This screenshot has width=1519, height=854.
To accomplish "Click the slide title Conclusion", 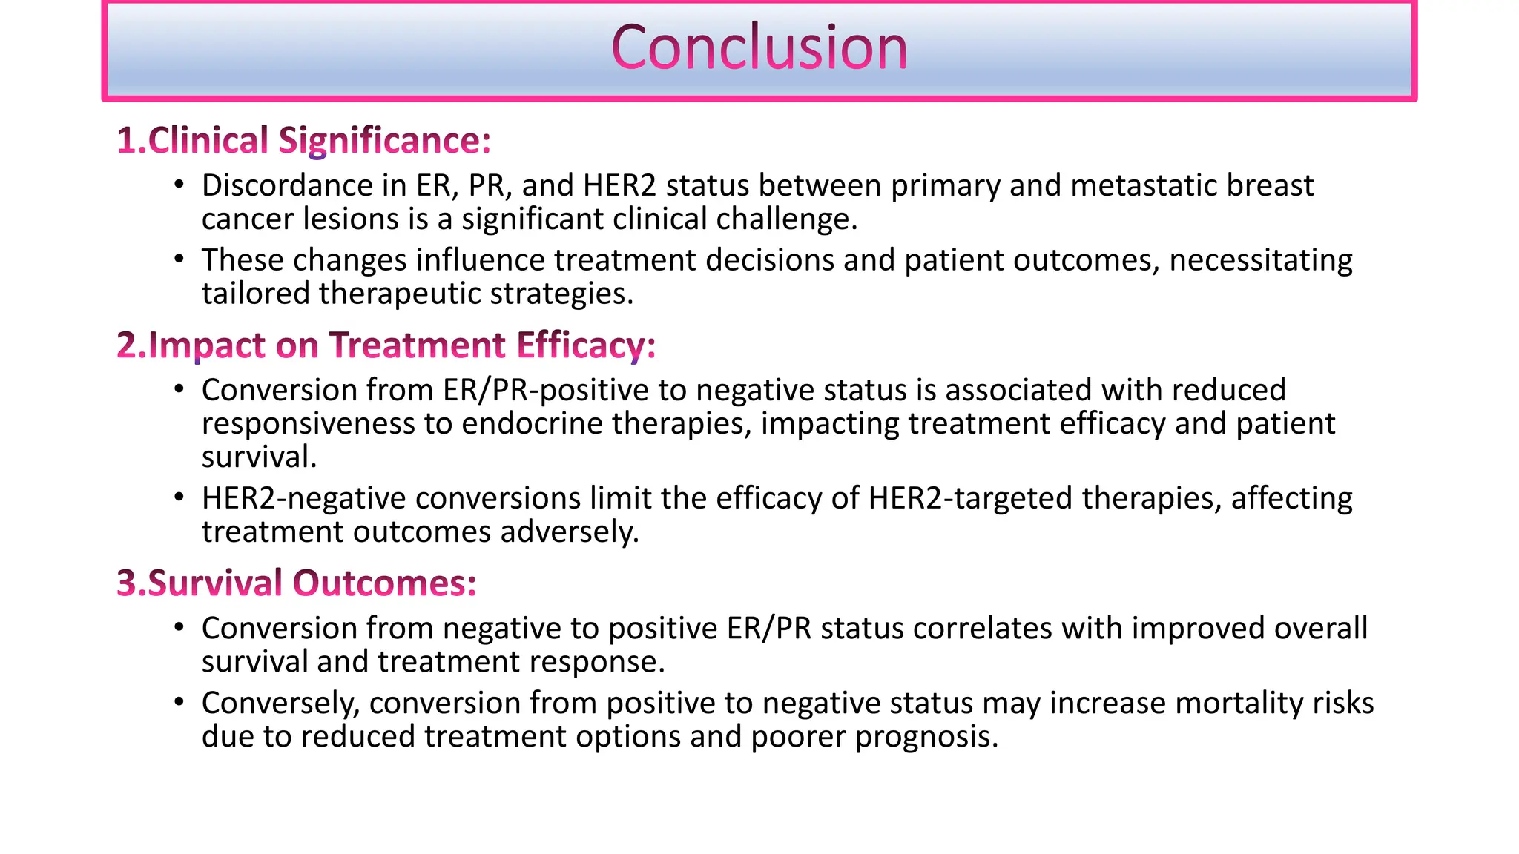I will [x=759, y=48].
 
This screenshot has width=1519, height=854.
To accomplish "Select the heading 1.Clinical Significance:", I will [x=304, y=140].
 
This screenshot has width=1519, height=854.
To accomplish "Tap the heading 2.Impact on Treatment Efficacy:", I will [x=386, y=345].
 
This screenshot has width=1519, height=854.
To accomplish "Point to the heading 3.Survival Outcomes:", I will [x=297, y=583].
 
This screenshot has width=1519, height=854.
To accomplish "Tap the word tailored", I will [x=255, y=294].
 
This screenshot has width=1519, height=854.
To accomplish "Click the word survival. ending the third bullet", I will [x=259, y=457].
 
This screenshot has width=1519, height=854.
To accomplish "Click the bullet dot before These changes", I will [x=179, y=259].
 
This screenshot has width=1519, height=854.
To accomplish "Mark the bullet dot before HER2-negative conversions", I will [x=179, y=497].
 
